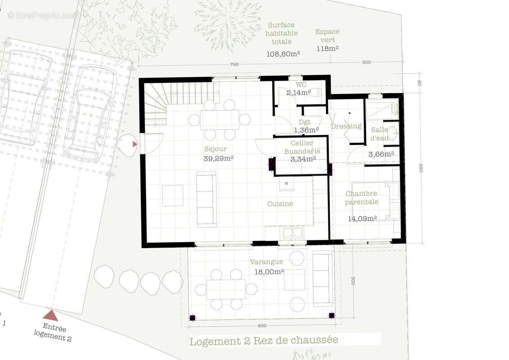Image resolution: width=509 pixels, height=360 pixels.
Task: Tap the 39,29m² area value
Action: tap(219, 158)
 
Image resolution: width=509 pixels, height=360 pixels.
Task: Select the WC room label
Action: tap(301, 85)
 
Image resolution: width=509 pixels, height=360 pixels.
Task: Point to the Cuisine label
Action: tap(280, 204)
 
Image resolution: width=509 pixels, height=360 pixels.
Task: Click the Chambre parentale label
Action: tap(362, 198)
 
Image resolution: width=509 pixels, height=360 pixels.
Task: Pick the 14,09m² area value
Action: tap(362, 219)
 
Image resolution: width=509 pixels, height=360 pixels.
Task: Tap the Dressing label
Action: tap(346, 126)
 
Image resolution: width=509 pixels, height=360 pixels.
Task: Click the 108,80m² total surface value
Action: tap(284, 54)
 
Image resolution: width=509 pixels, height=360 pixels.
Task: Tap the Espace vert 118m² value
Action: tap(327, 49)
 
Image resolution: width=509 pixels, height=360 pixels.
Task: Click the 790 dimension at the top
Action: tap(234, 64)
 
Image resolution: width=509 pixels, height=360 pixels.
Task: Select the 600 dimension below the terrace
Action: tap(262, 325)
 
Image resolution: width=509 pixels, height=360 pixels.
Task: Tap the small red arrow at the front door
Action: tap(134, 144)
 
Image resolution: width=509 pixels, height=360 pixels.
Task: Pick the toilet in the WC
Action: tap(316, 92)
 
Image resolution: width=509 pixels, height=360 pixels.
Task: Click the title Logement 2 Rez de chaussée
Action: tap(263, 341)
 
